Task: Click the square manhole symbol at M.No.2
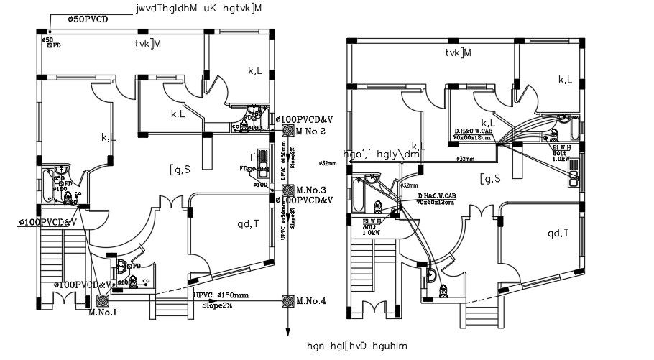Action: [288, 131]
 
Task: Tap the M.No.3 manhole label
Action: [311, 190]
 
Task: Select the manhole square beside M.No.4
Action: [288, 300]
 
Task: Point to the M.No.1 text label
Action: [102, 313]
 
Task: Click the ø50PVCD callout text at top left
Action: [88, 19]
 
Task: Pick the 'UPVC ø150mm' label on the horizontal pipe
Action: [221, 295]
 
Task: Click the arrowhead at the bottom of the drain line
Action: [288, 331]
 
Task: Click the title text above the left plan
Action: [198, 9]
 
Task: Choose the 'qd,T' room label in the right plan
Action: [558, 233]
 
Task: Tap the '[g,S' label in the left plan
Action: [180, 170]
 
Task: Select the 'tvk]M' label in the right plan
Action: [458, 53]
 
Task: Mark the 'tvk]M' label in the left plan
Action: [147, 44]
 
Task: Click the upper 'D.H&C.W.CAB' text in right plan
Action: [472, 131]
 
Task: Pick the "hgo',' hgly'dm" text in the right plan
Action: [382, 154]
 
